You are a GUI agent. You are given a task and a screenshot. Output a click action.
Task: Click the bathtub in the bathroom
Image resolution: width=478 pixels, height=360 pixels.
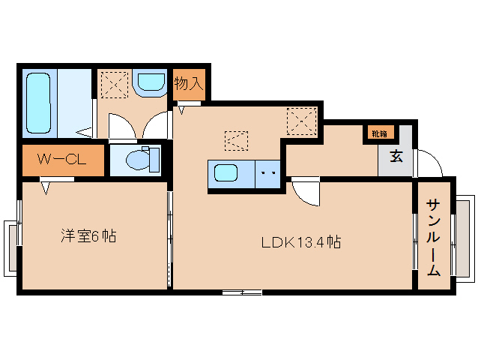pos(38,103)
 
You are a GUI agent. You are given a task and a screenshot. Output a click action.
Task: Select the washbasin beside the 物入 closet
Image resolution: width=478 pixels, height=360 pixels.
pos(151,82)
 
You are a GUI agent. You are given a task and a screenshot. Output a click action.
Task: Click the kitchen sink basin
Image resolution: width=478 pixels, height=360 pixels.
pos(226,172)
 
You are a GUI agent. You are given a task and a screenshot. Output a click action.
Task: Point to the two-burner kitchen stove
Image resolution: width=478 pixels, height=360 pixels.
pos(267,174)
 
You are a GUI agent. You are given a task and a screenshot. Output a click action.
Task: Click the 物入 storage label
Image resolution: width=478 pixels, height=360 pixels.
pos(189,83)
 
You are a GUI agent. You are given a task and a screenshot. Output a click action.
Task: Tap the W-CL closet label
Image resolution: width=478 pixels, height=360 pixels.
pos(61,160)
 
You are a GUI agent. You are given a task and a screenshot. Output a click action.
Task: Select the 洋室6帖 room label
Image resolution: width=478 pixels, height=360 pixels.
pos(88,235)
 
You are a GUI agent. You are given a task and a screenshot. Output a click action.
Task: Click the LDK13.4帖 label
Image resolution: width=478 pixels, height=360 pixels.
pos(301,242)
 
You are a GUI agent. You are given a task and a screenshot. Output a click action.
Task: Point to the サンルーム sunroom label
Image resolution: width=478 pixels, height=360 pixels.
pos(434,237)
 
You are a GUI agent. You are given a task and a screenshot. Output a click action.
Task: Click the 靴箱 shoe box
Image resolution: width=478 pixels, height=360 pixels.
pos(379,133)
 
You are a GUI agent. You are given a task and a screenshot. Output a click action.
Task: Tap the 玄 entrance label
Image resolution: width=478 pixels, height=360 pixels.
pos(396,157)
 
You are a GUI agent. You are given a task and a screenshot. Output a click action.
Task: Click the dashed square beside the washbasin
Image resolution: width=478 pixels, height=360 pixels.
pos(115,85)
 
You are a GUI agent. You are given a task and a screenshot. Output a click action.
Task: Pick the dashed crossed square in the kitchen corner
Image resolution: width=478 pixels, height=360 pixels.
pos(302,121)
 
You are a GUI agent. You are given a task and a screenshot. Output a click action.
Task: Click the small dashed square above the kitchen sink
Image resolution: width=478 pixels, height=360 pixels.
pos(236,141)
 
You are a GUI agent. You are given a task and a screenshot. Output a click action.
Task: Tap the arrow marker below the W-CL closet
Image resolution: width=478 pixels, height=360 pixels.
pos(46,188)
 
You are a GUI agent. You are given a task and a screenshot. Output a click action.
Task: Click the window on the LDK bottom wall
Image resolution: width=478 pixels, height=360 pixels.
pos(242,292)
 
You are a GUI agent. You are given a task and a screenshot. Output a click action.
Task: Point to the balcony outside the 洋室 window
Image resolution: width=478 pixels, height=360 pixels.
pos(10,248)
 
